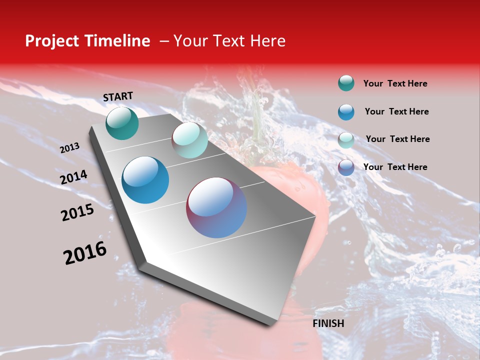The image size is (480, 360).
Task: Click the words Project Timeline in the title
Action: point(87,41)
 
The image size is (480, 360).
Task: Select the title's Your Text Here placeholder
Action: point(229,41)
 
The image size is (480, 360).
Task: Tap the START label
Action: point(118,96)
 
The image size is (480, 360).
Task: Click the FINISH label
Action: point(328,323)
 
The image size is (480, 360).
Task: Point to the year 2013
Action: point(69,148)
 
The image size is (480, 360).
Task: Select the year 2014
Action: point(74,177)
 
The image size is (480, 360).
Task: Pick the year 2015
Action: point(77,212)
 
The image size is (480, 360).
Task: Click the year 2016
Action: point(85,253)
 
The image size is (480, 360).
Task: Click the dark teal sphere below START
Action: point(122,123)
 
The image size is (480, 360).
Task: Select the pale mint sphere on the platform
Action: point(189,140)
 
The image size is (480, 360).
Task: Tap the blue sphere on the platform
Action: point(145,180)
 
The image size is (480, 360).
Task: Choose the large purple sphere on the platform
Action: point(216,207)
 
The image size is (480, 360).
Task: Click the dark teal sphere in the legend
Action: point(346,83)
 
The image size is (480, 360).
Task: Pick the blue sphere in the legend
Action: point(346,112)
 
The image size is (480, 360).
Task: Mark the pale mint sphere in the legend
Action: point(346,140)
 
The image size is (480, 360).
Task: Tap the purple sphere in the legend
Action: point(346,167)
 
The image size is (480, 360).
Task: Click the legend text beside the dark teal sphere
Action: point(395,83)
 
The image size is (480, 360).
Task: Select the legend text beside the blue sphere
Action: point(396,111)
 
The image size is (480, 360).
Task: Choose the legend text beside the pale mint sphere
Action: point(397,139)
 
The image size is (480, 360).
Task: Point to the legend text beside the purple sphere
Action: point(395,167)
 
